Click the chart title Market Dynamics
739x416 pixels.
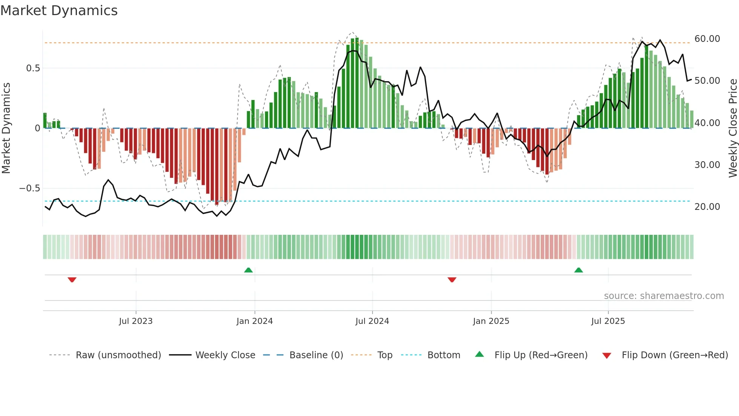(x=59, y=11)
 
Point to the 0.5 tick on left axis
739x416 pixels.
(x=33, y=68)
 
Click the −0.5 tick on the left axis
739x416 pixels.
(x=30, y=188)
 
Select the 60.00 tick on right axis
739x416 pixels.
(x=707, y=39)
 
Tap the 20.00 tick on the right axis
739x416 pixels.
(x=707, y=207)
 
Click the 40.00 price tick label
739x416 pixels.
(x=707, y=123)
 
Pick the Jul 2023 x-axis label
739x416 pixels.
(x=136, y=321)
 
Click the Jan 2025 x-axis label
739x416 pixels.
(x=491, y=321)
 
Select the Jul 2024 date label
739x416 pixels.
(x=372, y=321)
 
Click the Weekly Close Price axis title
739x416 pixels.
(x=733, y=128)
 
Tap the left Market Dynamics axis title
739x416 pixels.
(x=6, y=128)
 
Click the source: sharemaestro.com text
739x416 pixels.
(x=664, y=296)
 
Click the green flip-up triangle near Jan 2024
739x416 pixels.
(x=248, y=270)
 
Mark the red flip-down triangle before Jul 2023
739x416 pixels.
(x=72, y=280)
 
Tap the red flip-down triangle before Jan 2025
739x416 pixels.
(x=452, y=280)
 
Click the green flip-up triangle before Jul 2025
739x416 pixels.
(x=578, y=270)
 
